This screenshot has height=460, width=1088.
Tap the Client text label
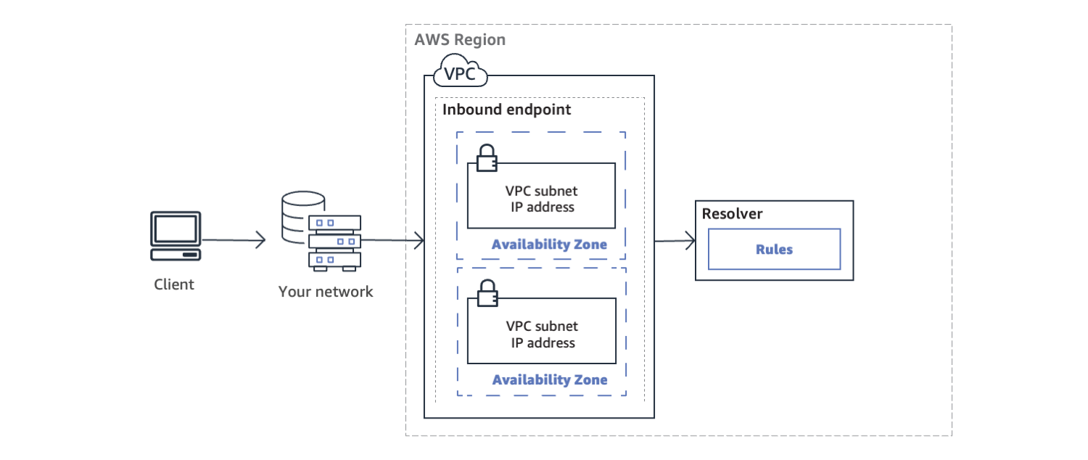[174, 284]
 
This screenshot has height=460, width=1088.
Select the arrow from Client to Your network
[234, 240]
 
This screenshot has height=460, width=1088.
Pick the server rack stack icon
[334, 242]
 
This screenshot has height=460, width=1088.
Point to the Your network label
[326, 292]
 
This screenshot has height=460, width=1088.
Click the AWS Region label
[460, 40]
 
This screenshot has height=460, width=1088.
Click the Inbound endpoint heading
[507, 110]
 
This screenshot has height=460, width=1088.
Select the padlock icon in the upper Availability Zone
[486, 157]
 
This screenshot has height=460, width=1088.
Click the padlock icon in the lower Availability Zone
[486, 292]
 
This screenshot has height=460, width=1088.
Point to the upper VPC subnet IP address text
[542, 199]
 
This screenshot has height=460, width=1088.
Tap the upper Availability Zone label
[549, 245]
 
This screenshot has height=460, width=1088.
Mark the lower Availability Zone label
[550, 380]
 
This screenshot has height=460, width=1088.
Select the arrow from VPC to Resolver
[675, 241]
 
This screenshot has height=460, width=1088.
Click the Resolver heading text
[732, 214]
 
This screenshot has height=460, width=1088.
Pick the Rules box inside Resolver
[774, 249]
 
